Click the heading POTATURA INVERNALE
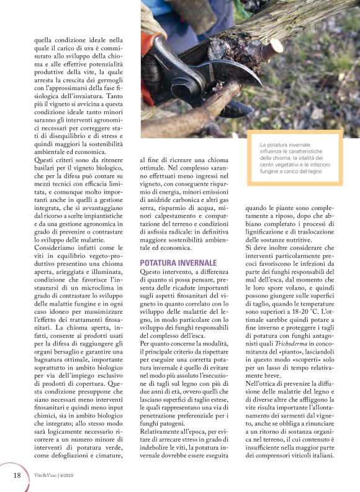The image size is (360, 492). click(x=178, y=263)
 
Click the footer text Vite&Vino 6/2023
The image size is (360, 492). click(x=53, y=476)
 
